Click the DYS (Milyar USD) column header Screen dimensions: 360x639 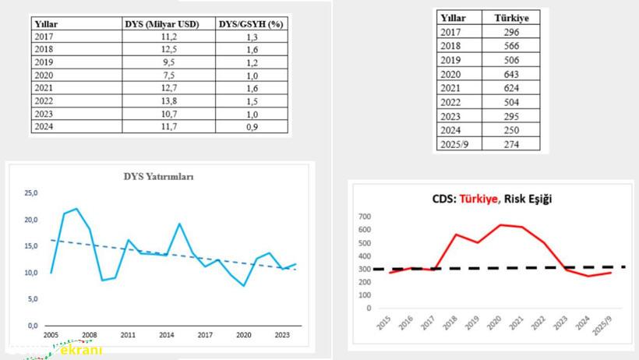click(162, 24)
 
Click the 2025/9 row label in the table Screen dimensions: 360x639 click(456, 144)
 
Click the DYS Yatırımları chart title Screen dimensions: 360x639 click(159, 177)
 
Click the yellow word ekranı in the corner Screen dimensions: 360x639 click(82, 351)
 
